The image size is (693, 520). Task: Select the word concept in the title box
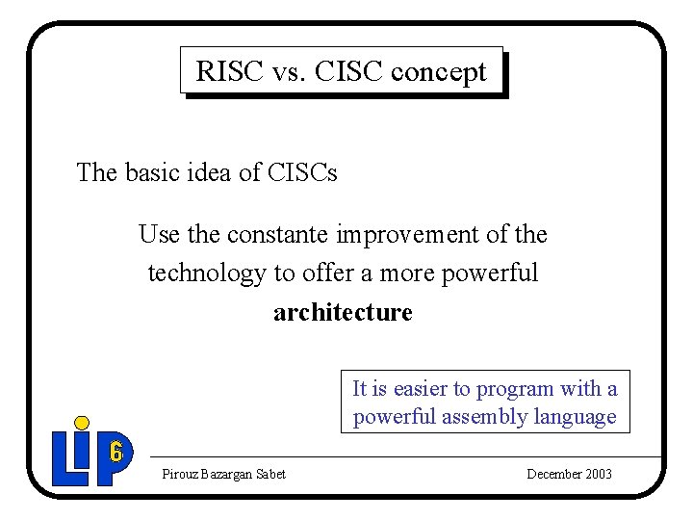click(x=445, y=71)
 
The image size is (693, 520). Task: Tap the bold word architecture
click(x=343, y=313)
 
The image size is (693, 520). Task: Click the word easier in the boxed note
click(x=420, y=389)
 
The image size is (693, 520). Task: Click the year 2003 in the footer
click(x=597, y=474)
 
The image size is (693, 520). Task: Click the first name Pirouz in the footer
click(x=180, y=474)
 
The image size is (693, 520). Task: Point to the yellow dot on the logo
click(x=82, y=423)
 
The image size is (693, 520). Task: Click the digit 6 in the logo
click(x=115, y=450)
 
